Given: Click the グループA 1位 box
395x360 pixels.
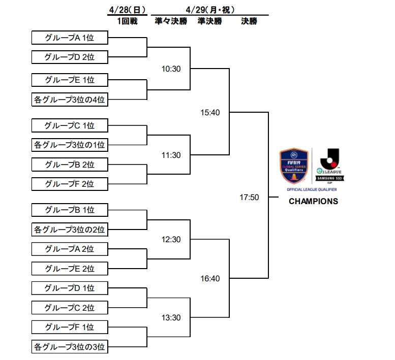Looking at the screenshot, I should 70,38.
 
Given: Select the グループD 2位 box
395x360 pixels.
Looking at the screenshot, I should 70,57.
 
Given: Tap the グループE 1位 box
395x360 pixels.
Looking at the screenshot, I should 70,80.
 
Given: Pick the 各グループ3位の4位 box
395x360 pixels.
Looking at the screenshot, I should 70,100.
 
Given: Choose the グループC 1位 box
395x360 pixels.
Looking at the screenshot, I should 70,125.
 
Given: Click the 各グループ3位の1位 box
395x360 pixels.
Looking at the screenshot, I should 70,145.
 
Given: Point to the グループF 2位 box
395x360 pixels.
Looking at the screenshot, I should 70,183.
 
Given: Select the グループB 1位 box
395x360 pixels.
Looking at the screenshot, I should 70,210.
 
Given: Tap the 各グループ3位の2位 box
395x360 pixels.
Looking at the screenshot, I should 70,230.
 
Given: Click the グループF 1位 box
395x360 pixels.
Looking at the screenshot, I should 70,327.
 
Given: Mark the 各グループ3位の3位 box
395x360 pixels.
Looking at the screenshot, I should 70,347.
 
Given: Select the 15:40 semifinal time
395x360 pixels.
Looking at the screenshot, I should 210,112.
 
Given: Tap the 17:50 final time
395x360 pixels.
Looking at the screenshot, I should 250,197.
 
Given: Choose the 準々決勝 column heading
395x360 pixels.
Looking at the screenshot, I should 171,21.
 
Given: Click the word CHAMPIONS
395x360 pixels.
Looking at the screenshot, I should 313,201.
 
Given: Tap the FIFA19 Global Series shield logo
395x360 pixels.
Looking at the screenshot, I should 294,166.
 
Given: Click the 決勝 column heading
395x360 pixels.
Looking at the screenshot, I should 249,21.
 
